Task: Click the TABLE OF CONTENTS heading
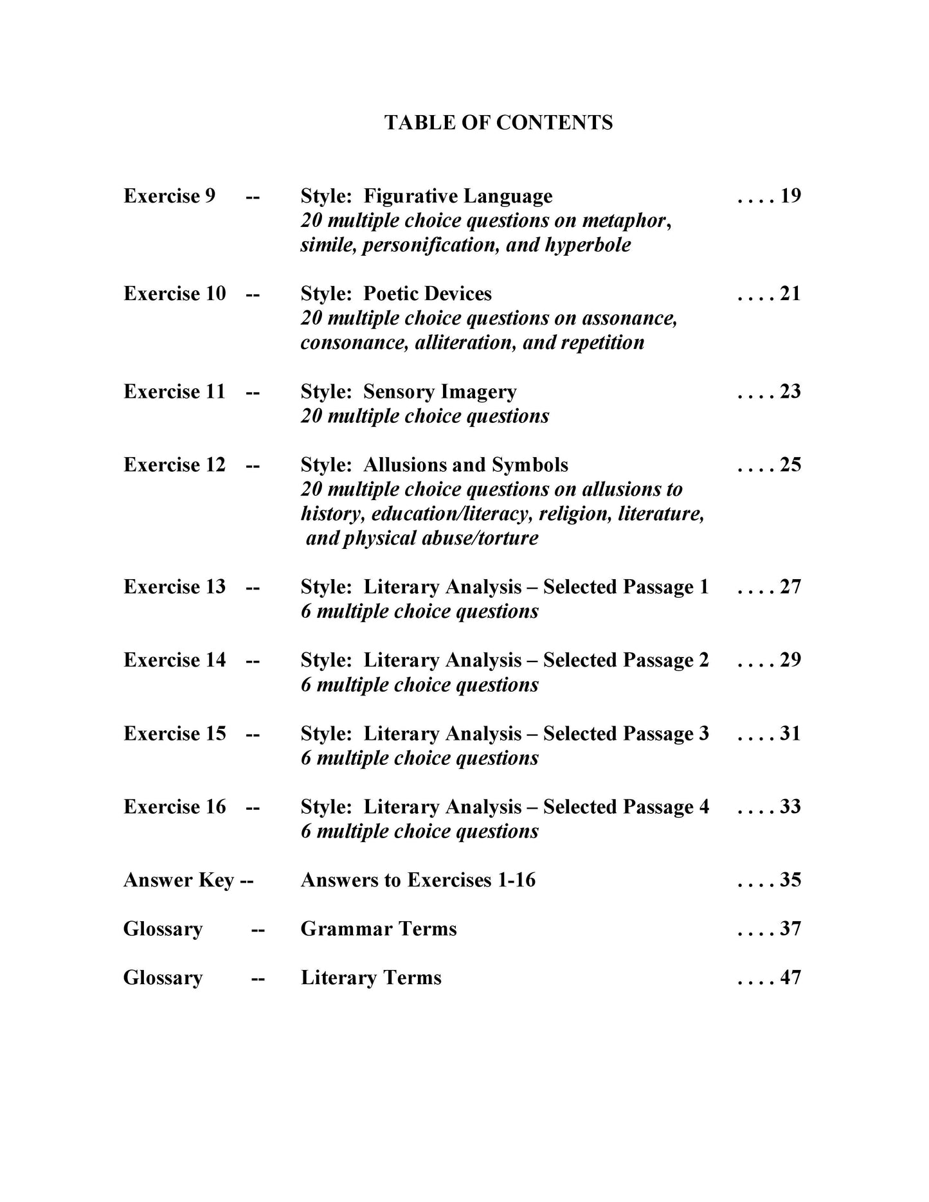point(498,122)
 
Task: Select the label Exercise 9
point(169,195)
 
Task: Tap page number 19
point(790,195)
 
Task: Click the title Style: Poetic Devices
point(396,294)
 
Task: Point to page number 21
point(790,294)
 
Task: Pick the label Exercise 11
point(174,391)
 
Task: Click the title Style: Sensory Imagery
point(408,391)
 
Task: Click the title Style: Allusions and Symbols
point(434,465)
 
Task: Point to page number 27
point(790,587)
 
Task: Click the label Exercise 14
point(174,660)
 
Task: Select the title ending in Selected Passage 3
point(505,733)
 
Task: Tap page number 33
point(790,807)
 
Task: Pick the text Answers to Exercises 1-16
point(418,880)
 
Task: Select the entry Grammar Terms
point(379,929)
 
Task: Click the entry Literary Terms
point(371,978)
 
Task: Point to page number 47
point(790,978)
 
